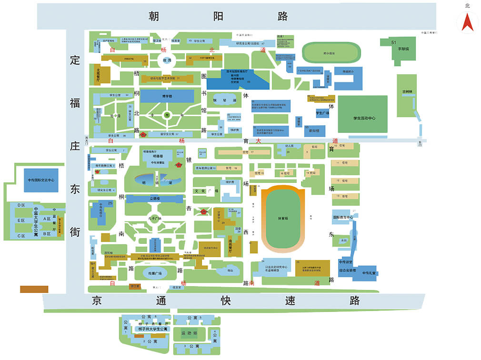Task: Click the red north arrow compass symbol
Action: coord(467,22)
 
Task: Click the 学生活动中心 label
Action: coord(364,118)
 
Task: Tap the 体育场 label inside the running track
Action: coord(283,219)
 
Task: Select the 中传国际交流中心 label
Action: coord(41,180)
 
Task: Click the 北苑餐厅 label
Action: coord(98,75)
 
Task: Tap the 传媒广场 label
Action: coord(155,273)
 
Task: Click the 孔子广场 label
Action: coord(155,219)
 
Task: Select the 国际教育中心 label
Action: coord(342,217)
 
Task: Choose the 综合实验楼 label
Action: coord(348,270)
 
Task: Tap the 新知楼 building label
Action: coord(314,130)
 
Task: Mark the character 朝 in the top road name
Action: coord(154,17)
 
